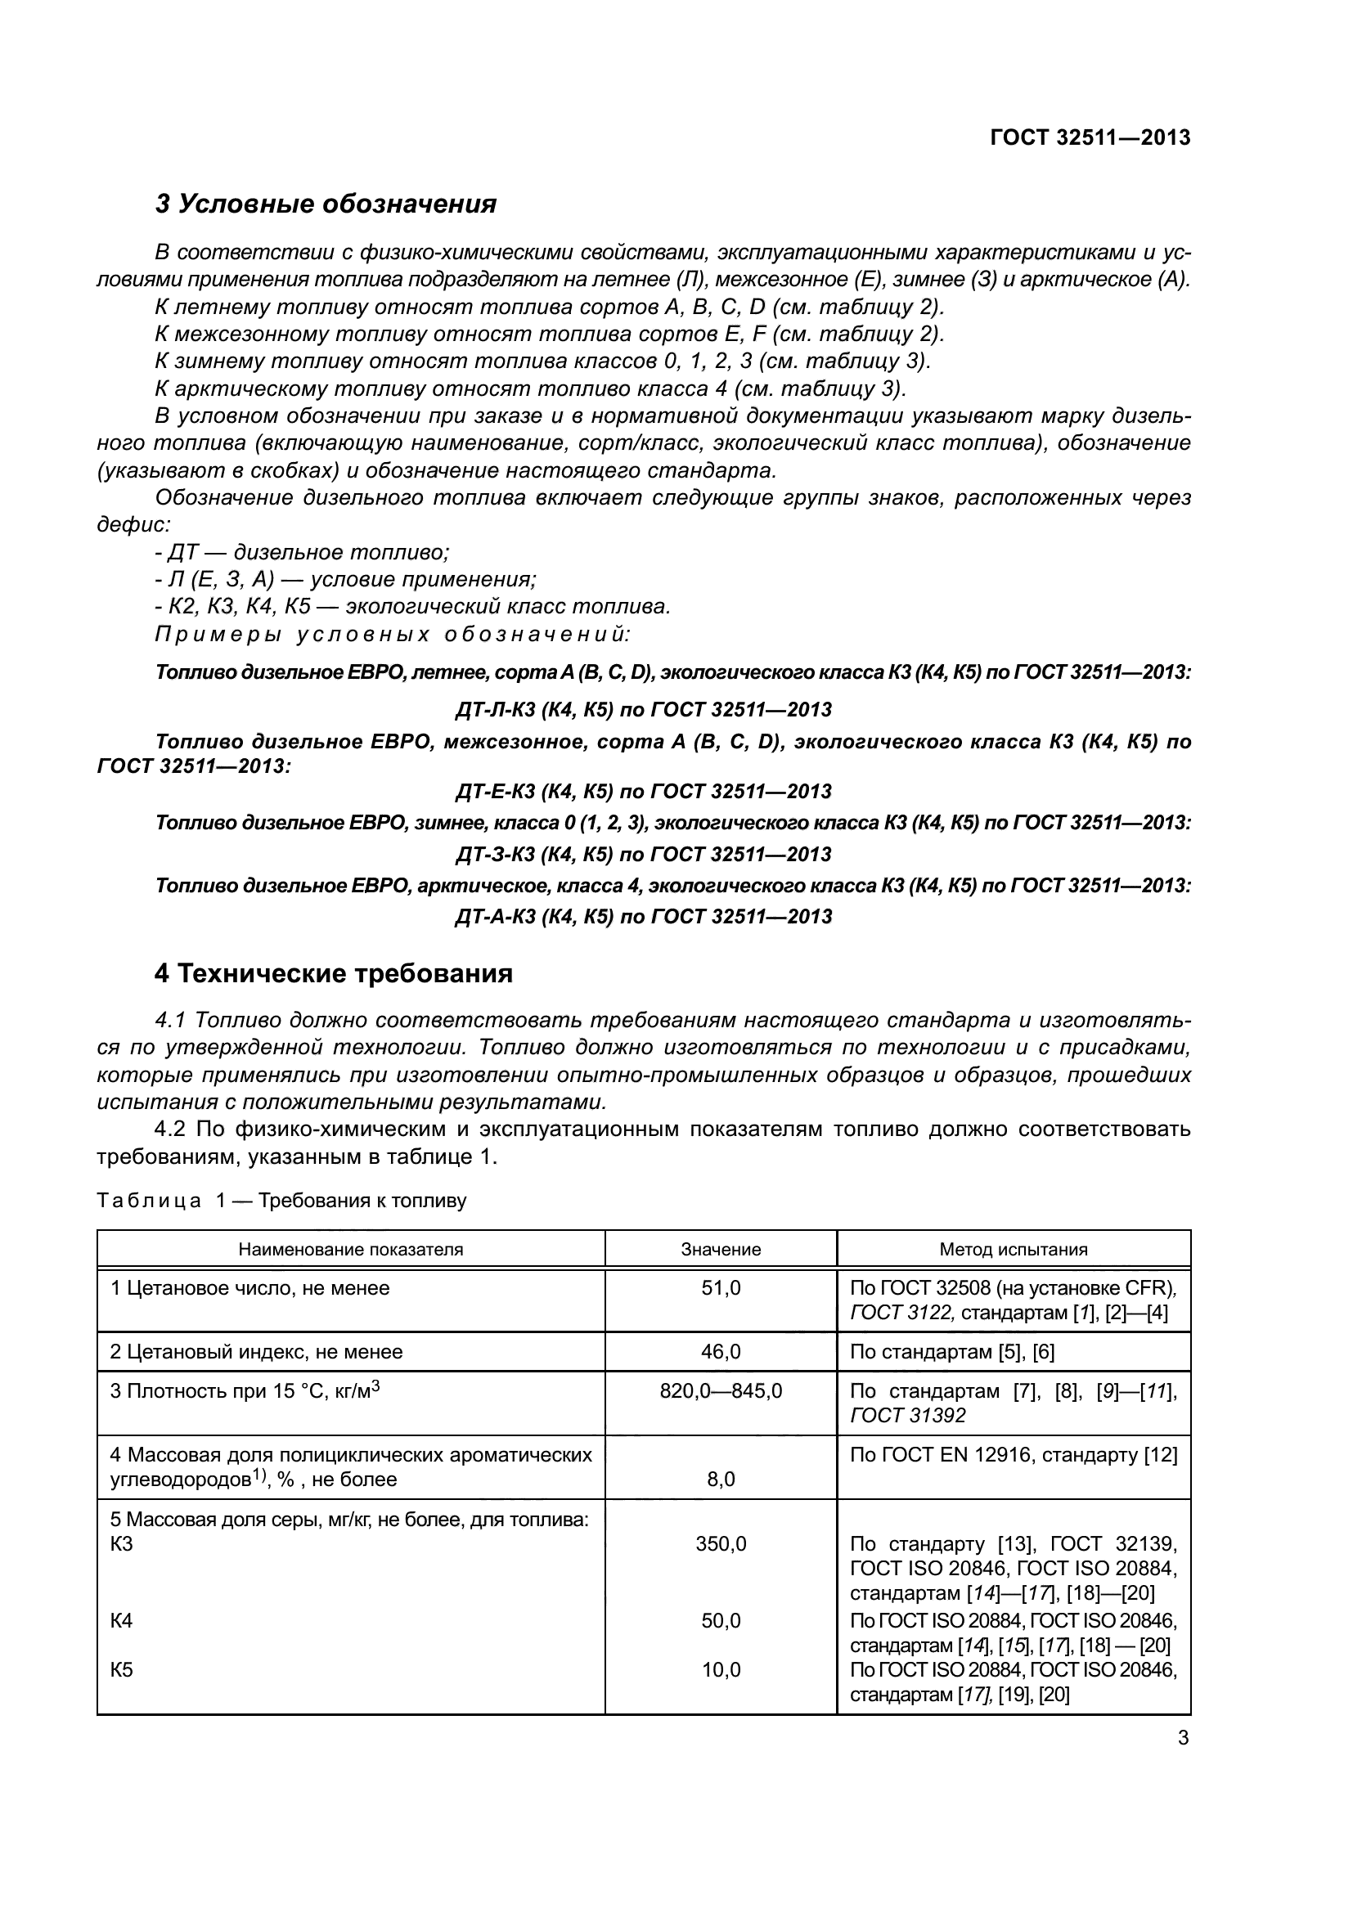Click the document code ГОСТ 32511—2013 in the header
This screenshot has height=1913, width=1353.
pyautogui.click(x=1090, y=137)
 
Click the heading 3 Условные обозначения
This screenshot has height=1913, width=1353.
pyautogui.click(x=326, y=204)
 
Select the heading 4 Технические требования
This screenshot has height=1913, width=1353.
pyautogui.click(x=333, y=973)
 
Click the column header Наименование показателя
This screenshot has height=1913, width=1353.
pyautogui.click(x=351, y=1249)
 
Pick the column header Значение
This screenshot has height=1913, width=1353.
pyautogui.click(x=721, y=1249)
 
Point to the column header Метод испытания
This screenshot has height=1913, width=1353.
pyautogui.click(x=1013, y=1249)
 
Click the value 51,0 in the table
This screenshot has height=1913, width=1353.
pyautogui.click(x=721, y=1288)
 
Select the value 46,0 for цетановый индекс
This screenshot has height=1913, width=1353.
pyautogui.click(x=721, y=1351)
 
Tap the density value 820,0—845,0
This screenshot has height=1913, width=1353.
pyautogui.click(x=721, y=1390)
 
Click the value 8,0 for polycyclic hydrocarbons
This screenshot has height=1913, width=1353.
pyautogui.click(x=721, y=1480)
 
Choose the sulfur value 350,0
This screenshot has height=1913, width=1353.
pyautogui.click(x=721, y=1544)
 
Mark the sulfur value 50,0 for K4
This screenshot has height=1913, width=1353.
pyautogui.click(x=721, y=1620)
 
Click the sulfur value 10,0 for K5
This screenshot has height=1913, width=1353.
pyautogui.click(x=721, y=1670)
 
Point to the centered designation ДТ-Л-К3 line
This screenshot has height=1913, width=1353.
pyautogui.click(x=643, y=710)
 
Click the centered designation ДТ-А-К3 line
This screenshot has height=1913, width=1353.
pyautogui.click(x=643, y=917)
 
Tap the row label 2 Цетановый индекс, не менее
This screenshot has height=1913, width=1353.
pyautogui.click(x=257, y=1351)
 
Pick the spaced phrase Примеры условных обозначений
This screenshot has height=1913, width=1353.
pyautogui.click(x=393, y=634)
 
